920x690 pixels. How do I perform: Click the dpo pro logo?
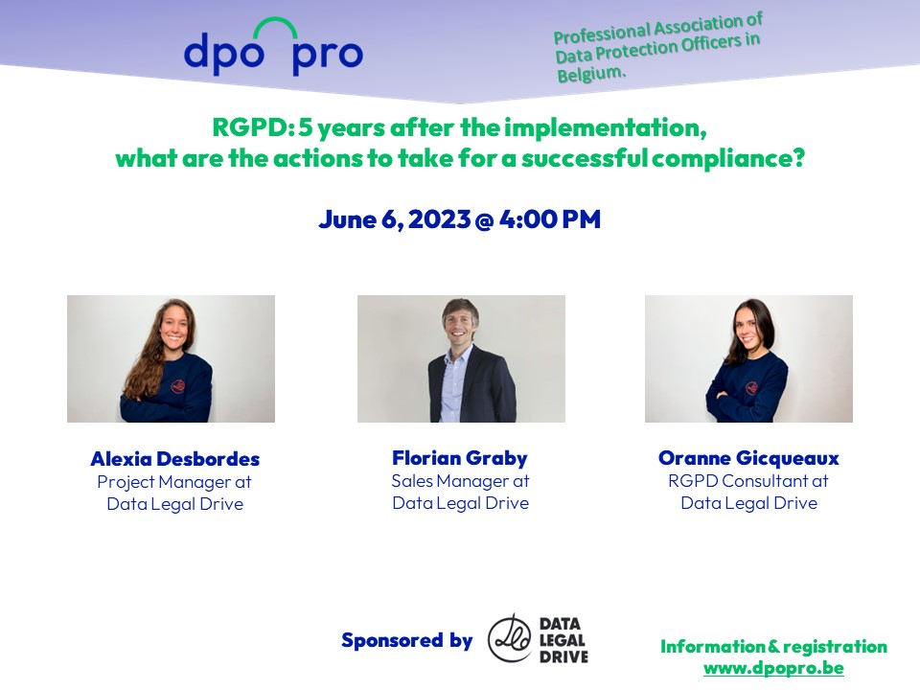point(273,53)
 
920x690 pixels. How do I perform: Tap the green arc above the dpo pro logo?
point(278,28)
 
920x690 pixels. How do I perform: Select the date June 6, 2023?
point(394,219)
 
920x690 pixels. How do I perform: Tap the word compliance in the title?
point(727,158)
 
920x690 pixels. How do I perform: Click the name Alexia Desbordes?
point(174,458)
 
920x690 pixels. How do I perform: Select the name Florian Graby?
point(460,457)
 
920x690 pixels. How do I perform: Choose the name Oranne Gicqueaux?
point(748,458)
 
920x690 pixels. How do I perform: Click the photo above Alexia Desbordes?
point(171,358)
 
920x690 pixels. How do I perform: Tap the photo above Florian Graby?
point(461,358)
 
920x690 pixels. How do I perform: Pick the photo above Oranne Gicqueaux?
point(748,358)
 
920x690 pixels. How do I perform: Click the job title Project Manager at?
point(174,482)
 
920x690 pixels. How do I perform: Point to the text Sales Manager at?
point(460,481)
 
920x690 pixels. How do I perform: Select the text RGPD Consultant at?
point(748,481)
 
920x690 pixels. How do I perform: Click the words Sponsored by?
point(406,640)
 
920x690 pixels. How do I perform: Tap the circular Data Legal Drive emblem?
point(510,638)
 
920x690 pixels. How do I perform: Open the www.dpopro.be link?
point(773,668)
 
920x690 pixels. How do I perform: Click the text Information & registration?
point(773,647)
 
